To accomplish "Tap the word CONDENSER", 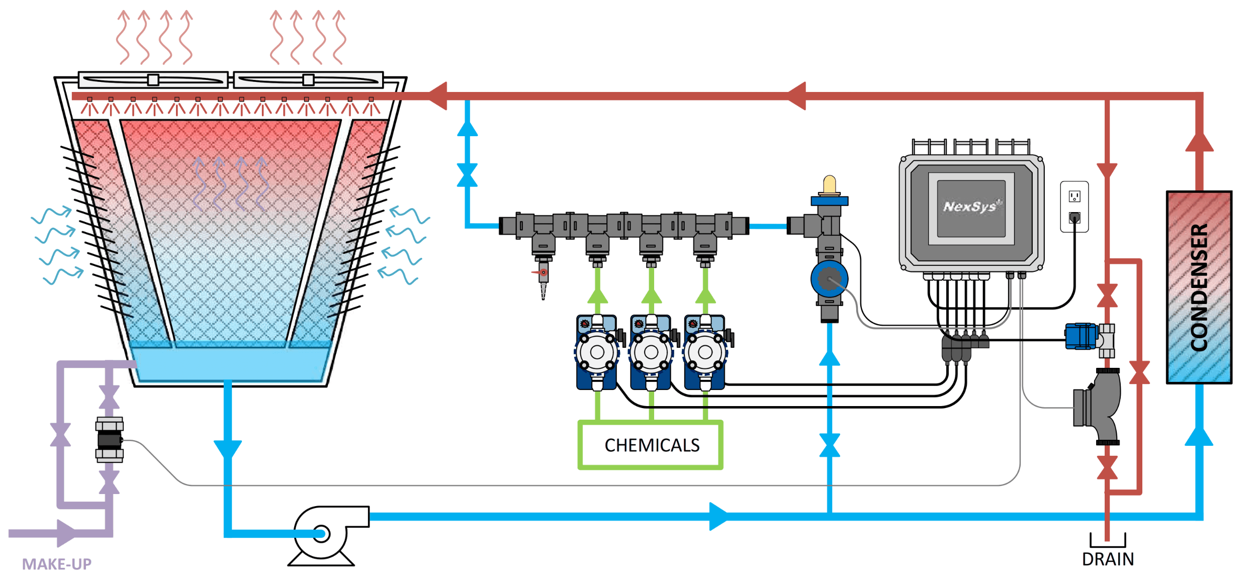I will coord(1199,287).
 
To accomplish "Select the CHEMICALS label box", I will coord(651,445).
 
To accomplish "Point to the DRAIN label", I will coord(1108,559).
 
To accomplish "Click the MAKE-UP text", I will coord(57,564).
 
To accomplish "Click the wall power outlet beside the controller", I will coord(1074,207).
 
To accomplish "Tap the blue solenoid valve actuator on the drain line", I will coord(1081,336).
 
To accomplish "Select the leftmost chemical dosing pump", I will coord(597,352).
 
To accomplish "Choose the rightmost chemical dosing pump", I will coord(705,352).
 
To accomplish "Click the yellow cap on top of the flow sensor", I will coord(830,184).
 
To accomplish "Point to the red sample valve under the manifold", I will coord(543,273).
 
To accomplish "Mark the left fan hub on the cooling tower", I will coord(153,80).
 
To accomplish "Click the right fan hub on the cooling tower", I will coord(308,80).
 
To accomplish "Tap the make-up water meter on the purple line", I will coord(110,440).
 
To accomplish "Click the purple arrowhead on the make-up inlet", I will coord(66,533).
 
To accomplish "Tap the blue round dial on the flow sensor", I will coord(829,278).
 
